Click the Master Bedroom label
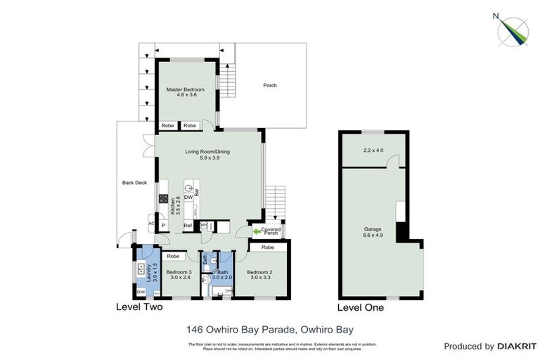(x=185, y=90)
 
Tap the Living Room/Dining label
(x=207, y=152)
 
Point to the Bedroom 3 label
(x=179, y=272)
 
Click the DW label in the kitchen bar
(x=188, y=198)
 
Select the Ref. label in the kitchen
(x=188, y=226)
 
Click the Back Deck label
(x=135, y=182)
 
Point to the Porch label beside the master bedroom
(x=270, y=86)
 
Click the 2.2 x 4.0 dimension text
(x=374, y=150)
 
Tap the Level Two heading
(x=139, y=307)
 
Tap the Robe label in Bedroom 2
(x=267, y=247)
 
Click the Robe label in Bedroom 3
(x=175, y=256)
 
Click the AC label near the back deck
(x=150, y=224)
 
